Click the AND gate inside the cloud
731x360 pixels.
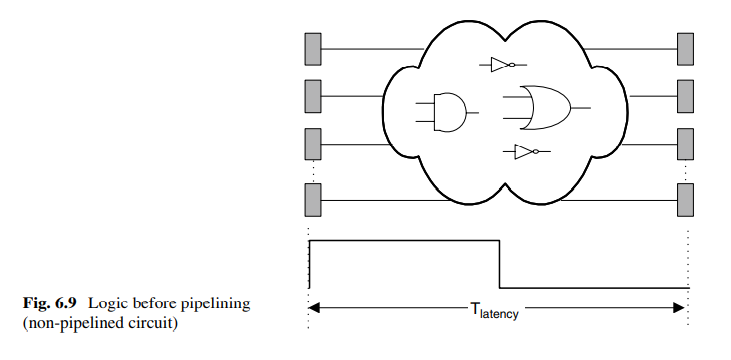pos(449,112)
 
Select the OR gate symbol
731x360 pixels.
pos(545,108)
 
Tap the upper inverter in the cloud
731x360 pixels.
pos(503,65)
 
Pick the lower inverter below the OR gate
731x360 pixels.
pos(526,152)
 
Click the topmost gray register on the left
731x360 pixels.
pos(313,49)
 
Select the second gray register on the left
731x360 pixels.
pos(313,96)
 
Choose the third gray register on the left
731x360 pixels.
pos(313,144)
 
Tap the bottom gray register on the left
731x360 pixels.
pos(313,200)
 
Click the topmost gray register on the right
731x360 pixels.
pos(685,49)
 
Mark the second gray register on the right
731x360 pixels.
pos(685,96)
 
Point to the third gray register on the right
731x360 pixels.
pos(685,144)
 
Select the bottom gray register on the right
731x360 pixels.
pos(685,200)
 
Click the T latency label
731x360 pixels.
pos(494,310)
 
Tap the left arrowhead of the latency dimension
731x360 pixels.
pos(313,307)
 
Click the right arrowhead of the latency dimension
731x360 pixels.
pos(679,307)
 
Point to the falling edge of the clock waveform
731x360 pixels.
pos(499,264)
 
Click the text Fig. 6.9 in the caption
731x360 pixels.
pos(49,304)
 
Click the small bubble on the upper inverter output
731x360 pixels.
pos(511,65)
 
